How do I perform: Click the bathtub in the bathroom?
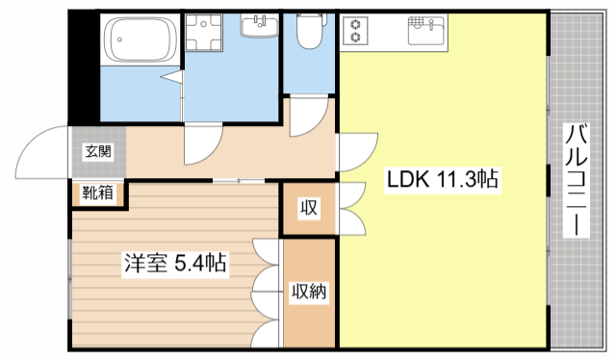coord(142,41)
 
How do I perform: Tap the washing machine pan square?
coord(204,37)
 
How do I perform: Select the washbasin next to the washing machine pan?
coord(257,26)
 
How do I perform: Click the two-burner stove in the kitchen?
coord(355,32)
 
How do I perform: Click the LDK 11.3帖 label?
coord(442,180)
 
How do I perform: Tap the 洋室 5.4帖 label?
coord(173,262)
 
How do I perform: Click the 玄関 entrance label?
coord(97,151)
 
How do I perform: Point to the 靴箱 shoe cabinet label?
coord(97,192)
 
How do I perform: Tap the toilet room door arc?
coord(308,116)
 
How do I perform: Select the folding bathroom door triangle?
coord(173,75)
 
